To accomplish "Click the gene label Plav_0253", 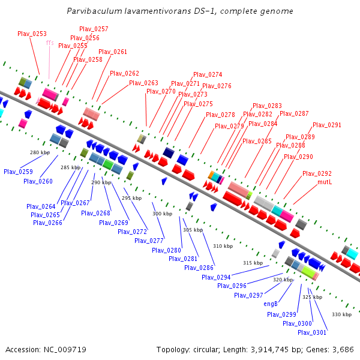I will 32,34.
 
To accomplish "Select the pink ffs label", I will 50,43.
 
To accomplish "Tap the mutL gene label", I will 325,181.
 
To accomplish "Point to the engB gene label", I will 271,304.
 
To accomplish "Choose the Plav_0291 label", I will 327,125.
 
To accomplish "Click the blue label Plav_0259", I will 18,172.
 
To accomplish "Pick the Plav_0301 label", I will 312,332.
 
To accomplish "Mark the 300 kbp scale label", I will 162,214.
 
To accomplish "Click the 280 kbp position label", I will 40,152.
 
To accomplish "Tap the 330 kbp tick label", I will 341,314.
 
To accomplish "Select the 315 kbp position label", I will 253,263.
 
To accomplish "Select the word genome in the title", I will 276,11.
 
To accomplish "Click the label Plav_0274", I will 208,74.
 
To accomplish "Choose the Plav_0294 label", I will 216,277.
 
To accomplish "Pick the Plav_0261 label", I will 113,52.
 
